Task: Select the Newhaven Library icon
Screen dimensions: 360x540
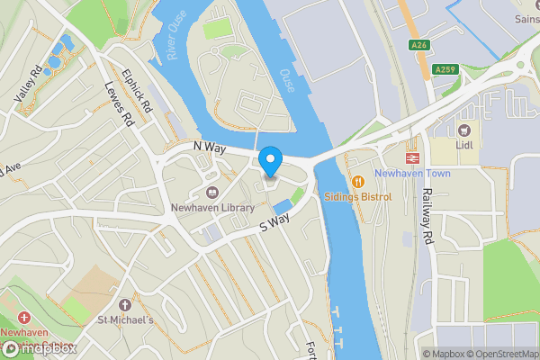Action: tap(212, 193)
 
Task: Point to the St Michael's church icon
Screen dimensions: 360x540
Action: tap(125, 306)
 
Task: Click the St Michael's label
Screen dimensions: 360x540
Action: tap(126, 320)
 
